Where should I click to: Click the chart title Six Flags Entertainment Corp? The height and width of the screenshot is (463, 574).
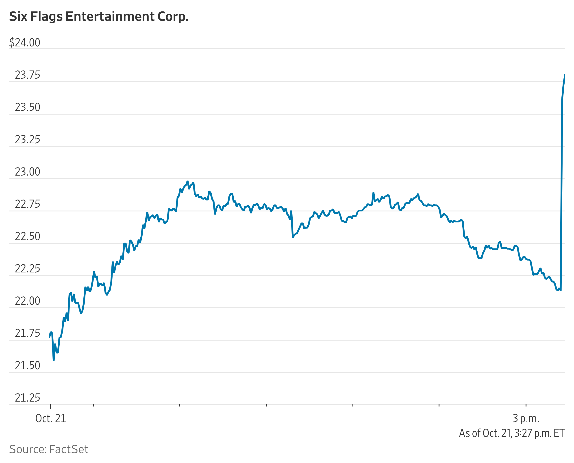pos(99,17)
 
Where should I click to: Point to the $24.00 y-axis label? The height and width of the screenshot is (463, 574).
pos(25,43)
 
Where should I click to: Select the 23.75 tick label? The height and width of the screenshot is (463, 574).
pos(28,75)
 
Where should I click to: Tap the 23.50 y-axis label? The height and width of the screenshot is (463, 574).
pos(28,107)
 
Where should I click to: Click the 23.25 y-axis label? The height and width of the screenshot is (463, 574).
pos(28,140)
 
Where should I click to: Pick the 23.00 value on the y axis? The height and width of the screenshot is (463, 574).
pos(28,172)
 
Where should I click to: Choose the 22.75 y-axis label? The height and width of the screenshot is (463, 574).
pos(28,204)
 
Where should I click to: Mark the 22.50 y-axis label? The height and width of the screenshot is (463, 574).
pos(28,237)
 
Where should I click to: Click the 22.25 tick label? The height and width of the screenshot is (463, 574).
pos(28,269)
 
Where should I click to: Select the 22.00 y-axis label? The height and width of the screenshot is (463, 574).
pos(28,301)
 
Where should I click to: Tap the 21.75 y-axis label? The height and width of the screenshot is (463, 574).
pos(28,333)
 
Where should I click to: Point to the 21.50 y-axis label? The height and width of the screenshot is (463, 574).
pos(28,366)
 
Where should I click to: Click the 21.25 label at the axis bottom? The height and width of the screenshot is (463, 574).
pos(28,398)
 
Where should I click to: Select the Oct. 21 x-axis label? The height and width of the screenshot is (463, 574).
pos(51,418)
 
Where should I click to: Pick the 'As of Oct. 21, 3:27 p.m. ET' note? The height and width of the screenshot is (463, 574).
pos(512,433)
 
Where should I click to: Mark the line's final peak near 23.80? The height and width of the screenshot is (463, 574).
pos(564,75)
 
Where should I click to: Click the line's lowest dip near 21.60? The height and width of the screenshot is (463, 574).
pos(54,361)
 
